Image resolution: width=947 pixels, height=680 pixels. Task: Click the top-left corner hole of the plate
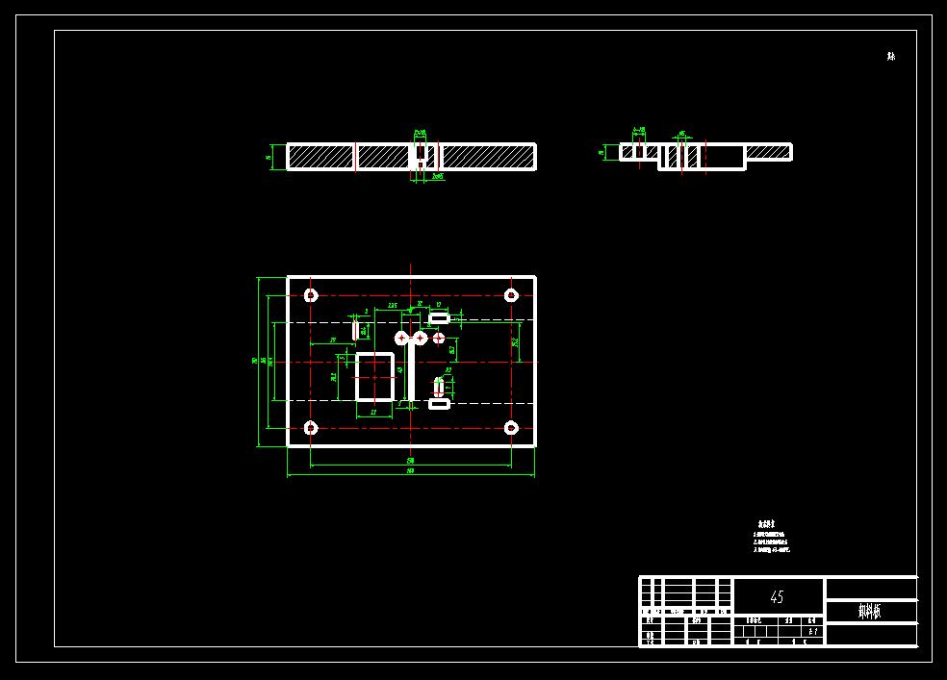click(311, 295)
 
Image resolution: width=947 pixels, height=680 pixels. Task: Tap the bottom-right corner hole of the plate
click(511, 428)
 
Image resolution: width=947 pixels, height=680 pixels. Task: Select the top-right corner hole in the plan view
click(511, 295)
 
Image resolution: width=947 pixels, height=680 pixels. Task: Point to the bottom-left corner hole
click(311, 428)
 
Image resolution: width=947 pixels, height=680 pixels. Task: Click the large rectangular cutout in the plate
click(375, 376)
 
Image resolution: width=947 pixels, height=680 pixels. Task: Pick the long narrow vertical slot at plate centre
click(411, 370)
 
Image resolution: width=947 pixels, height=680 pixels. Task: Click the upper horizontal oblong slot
click(440, 318)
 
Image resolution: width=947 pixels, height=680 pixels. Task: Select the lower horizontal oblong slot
click(440, 405)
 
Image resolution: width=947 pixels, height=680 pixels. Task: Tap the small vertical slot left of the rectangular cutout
click(355, 330)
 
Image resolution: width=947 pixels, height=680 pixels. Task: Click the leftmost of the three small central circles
click(401, 338)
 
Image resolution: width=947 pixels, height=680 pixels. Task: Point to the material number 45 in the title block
click(777, 597)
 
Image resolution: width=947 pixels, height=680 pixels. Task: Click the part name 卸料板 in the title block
click(869, 611)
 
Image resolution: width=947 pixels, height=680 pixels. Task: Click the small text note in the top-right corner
click(891, 57)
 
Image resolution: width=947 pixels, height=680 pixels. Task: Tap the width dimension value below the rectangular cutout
click(373, 413)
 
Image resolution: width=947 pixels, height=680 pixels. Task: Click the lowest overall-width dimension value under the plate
click(410, 471)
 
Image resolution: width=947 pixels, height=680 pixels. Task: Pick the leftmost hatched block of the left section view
click(320, 156)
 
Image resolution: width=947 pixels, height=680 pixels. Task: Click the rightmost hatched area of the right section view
click(767, 151)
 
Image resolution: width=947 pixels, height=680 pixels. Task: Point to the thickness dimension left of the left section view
click(268, 157)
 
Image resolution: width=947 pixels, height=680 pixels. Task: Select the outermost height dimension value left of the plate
click(254, 362)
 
